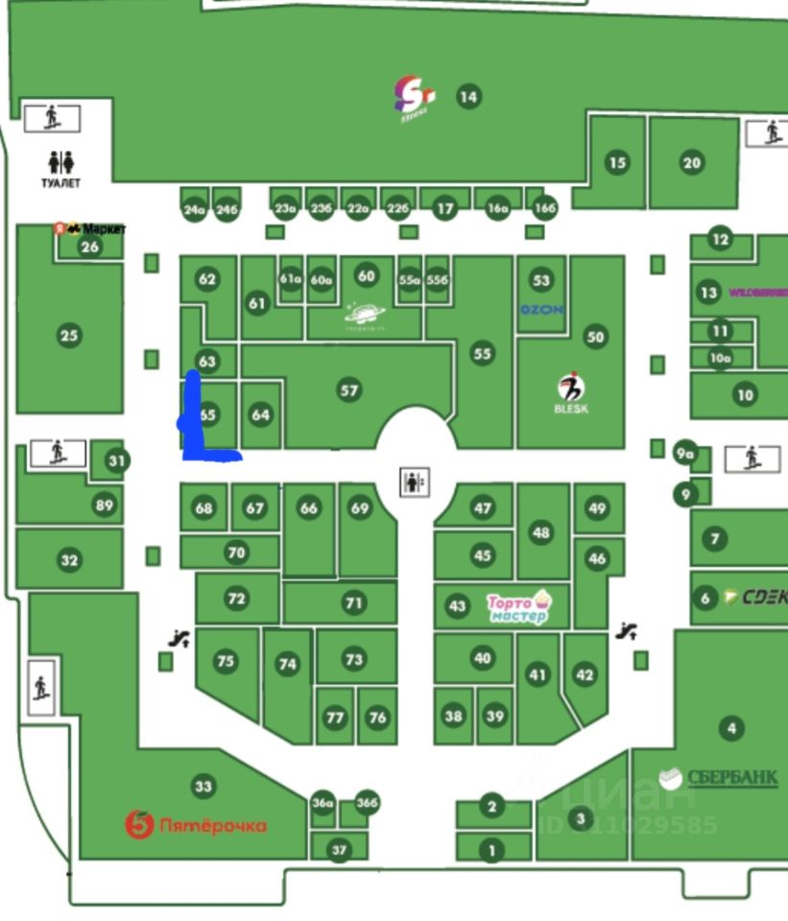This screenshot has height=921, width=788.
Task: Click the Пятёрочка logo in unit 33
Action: click(196, 824)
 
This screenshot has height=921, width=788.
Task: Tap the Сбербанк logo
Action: click(719, 777)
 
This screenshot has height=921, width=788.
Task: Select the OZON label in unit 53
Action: click(541, 310)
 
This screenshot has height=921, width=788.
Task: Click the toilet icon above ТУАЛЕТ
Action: click(60, 162)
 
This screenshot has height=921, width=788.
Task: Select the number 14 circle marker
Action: click(467, 96)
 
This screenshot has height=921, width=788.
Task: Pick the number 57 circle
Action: click(348, 390)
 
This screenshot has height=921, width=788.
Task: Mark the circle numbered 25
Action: click(68, 336)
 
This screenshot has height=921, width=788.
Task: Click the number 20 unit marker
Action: click(692, 163)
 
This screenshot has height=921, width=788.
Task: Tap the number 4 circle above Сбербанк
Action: click(731, 728)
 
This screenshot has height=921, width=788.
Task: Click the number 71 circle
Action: click(355, 602)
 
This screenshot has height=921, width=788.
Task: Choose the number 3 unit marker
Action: click(580, 818)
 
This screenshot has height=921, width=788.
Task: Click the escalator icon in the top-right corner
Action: click(772, 131)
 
